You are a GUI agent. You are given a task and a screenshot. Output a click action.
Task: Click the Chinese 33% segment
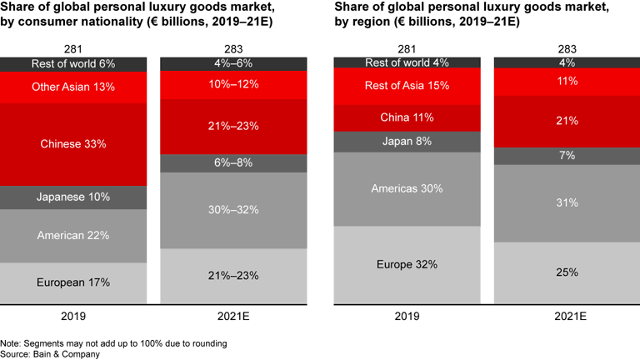point(73,144)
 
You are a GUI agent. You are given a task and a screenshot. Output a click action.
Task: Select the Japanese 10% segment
point(73,197)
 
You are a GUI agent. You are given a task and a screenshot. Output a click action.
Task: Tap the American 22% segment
point(73,236)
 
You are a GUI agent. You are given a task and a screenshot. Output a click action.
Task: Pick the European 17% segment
point(73,282)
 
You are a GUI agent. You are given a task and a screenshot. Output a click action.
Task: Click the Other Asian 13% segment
point(73,87)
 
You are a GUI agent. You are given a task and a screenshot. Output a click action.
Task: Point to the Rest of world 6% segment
point(73,63)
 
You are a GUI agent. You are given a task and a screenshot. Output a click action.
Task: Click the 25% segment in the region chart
point(567,272)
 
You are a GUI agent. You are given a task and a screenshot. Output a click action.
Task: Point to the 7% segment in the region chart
point(567,157)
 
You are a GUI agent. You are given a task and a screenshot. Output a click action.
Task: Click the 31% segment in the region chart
point(567,203)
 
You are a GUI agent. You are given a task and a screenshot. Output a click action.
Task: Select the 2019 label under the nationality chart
point(73,317)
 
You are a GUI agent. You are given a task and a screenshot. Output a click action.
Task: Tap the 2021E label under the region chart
point(567,317)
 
